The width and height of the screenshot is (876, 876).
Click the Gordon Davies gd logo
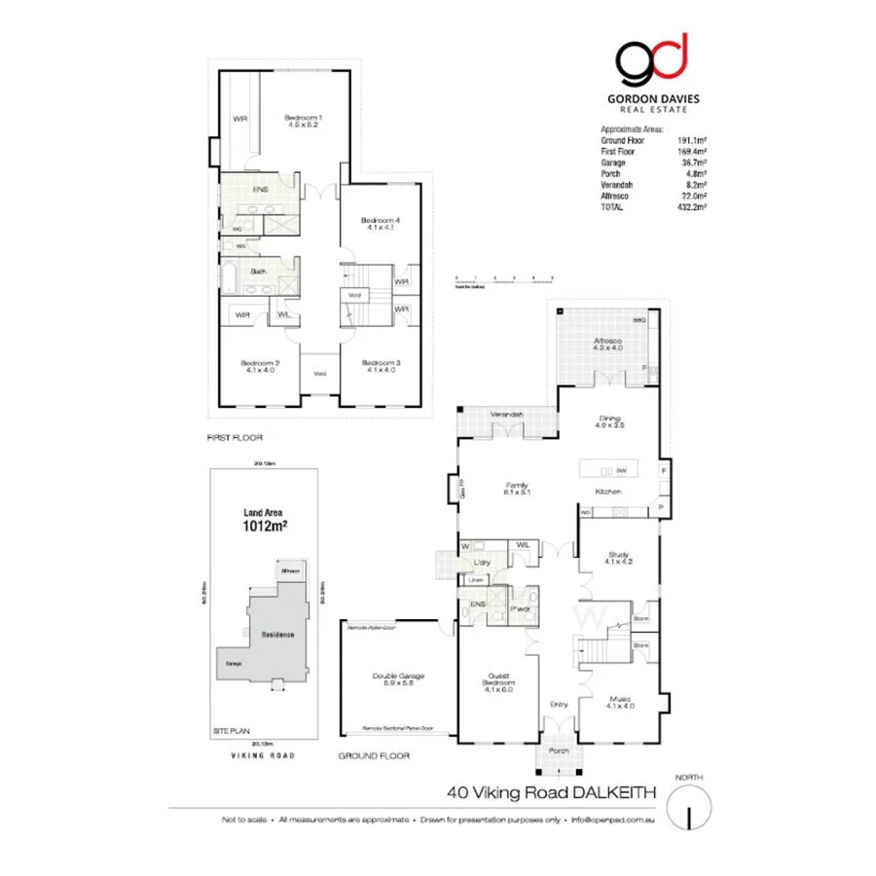[651, 61]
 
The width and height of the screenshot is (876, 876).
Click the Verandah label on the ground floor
[507, 415]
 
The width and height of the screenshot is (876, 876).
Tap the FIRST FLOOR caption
[236, 438]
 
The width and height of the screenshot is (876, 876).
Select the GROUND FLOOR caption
[374, 755]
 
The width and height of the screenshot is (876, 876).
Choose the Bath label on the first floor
[259, 272]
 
